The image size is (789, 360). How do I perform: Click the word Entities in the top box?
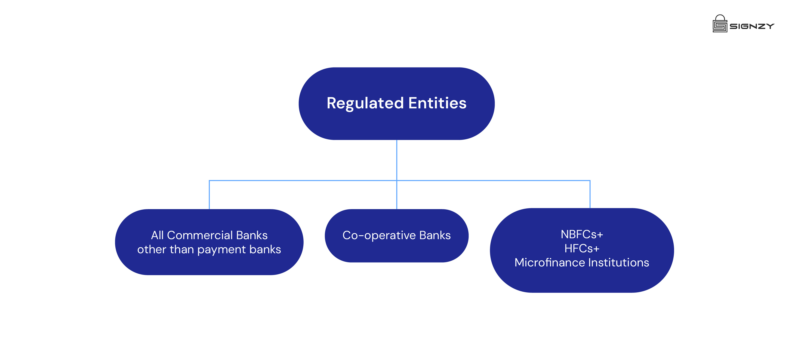click(x=437, y=103)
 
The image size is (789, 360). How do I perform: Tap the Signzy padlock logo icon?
click(x=720, y=24)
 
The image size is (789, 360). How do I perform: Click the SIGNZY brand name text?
click(x=752, y=26)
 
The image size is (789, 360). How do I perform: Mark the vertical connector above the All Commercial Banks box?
click(x=209, y=195)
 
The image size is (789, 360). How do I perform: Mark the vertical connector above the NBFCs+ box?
click(x=590, y=194)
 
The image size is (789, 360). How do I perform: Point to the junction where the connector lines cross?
click(x=397, y=181)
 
